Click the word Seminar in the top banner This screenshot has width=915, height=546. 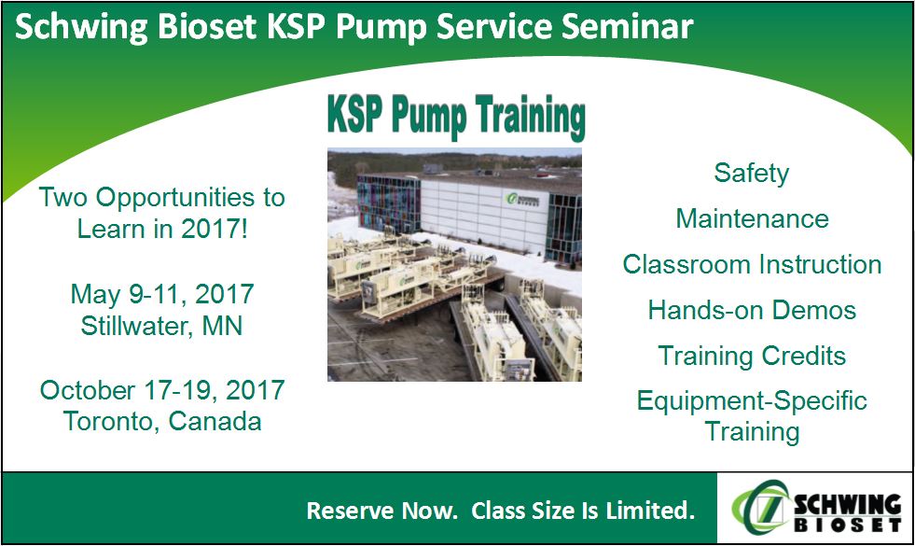click(628, 27)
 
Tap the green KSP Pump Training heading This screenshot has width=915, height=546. click(456, 117)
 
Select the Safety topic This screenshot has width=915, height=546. click(752, 174)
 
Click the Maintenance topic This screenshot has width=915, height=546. click(752, 219)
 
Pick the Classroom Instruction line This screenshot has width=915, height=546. click(752, 264)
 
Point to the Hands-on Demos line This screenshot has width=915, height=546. click(752, 310)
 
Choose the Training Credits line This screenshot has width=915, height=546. click(752, 357)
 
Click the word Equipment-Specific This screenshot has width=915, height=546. click(752, 401)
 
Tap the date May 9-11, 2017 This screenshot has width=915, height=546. click(162, 295)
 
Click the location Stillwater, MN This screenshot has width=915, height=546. click(161, 326)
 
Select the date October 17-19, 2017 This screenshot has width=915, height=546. click(162, 390)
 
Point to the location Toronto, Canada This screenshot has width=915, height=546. click(162, 422)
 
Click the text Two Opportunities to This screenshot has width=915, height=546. click(161, 198)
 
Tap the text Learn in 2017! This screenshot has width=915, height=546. click(163, 229)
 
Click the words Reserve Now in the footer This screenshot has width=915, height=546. click(382, 511)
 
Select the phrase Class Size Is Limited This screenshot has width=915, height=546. click(583, 511)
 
